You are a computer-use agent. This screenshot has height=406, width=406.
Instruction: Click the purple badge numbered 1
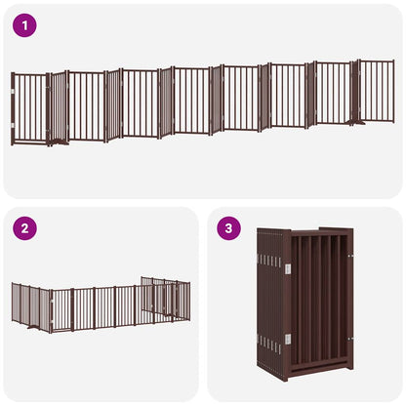coord(24,24)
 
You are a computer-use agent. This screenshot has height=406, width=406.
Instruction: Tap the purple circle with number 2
coord(24,229)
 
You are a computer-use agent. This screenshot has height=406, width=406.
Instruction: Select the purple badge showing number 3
coord(229,229)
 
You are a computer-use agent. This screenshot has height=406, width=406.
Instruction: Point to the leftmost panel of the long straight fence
coord(30,107)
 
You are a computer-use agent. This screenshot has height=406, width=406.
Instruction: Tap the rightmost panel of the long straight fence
coord(377,91)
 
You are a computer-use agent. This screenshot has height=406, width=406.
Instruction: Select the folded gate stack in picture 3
coord(304,303)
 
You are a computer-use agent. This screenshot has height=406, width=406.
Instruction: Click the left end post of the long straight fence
coord(13,107)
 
